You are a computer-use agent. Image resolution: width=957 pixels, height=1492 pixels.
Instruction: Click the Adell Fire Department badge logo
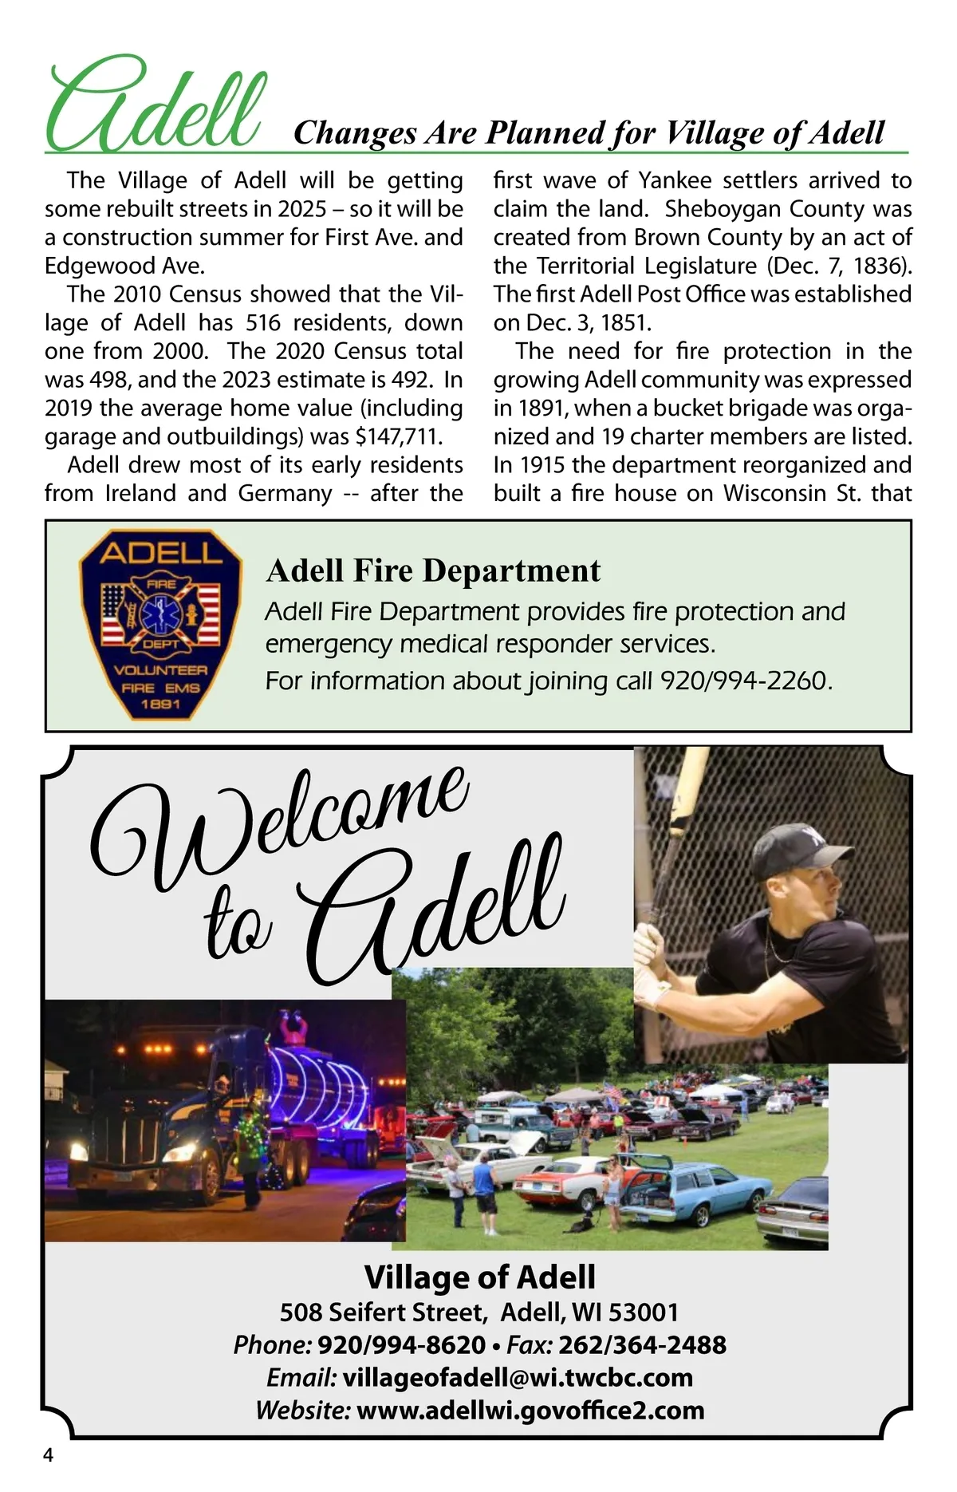point(160,625)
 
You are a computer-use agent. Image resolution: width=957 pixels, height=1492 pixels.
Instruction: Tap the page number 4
point(49,1455)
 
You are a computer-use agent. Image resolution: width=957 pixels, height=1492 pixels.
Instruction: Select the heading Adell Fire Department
point(433,570)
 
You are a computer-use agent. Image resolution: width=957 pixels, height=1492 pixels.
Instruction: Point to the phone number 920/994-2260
point(746,681)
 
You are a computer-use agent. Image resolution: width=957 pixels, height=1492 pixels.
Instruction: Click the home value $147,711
point(398,436)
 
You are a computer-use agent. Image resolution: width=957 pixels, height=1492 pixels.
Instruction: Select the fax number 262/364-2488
point(642,1344)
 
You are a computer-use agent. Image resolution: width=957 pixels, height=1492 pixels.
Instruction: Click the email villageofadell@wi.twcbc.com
point(518,1377)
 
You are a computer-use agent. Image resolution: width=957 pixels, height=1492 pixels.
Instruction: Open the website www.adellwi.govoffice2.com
point(530,1410)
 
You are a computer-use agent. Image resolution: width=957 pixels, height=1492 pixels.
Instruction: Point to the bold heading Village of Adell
point(479,1277)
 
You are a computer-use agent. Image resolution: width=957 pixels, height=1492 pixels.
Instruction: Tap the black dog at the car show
point(580,1223)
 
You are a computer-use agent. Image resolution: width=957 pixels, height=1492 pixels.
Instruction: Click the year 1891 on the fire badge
point(160,705)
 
